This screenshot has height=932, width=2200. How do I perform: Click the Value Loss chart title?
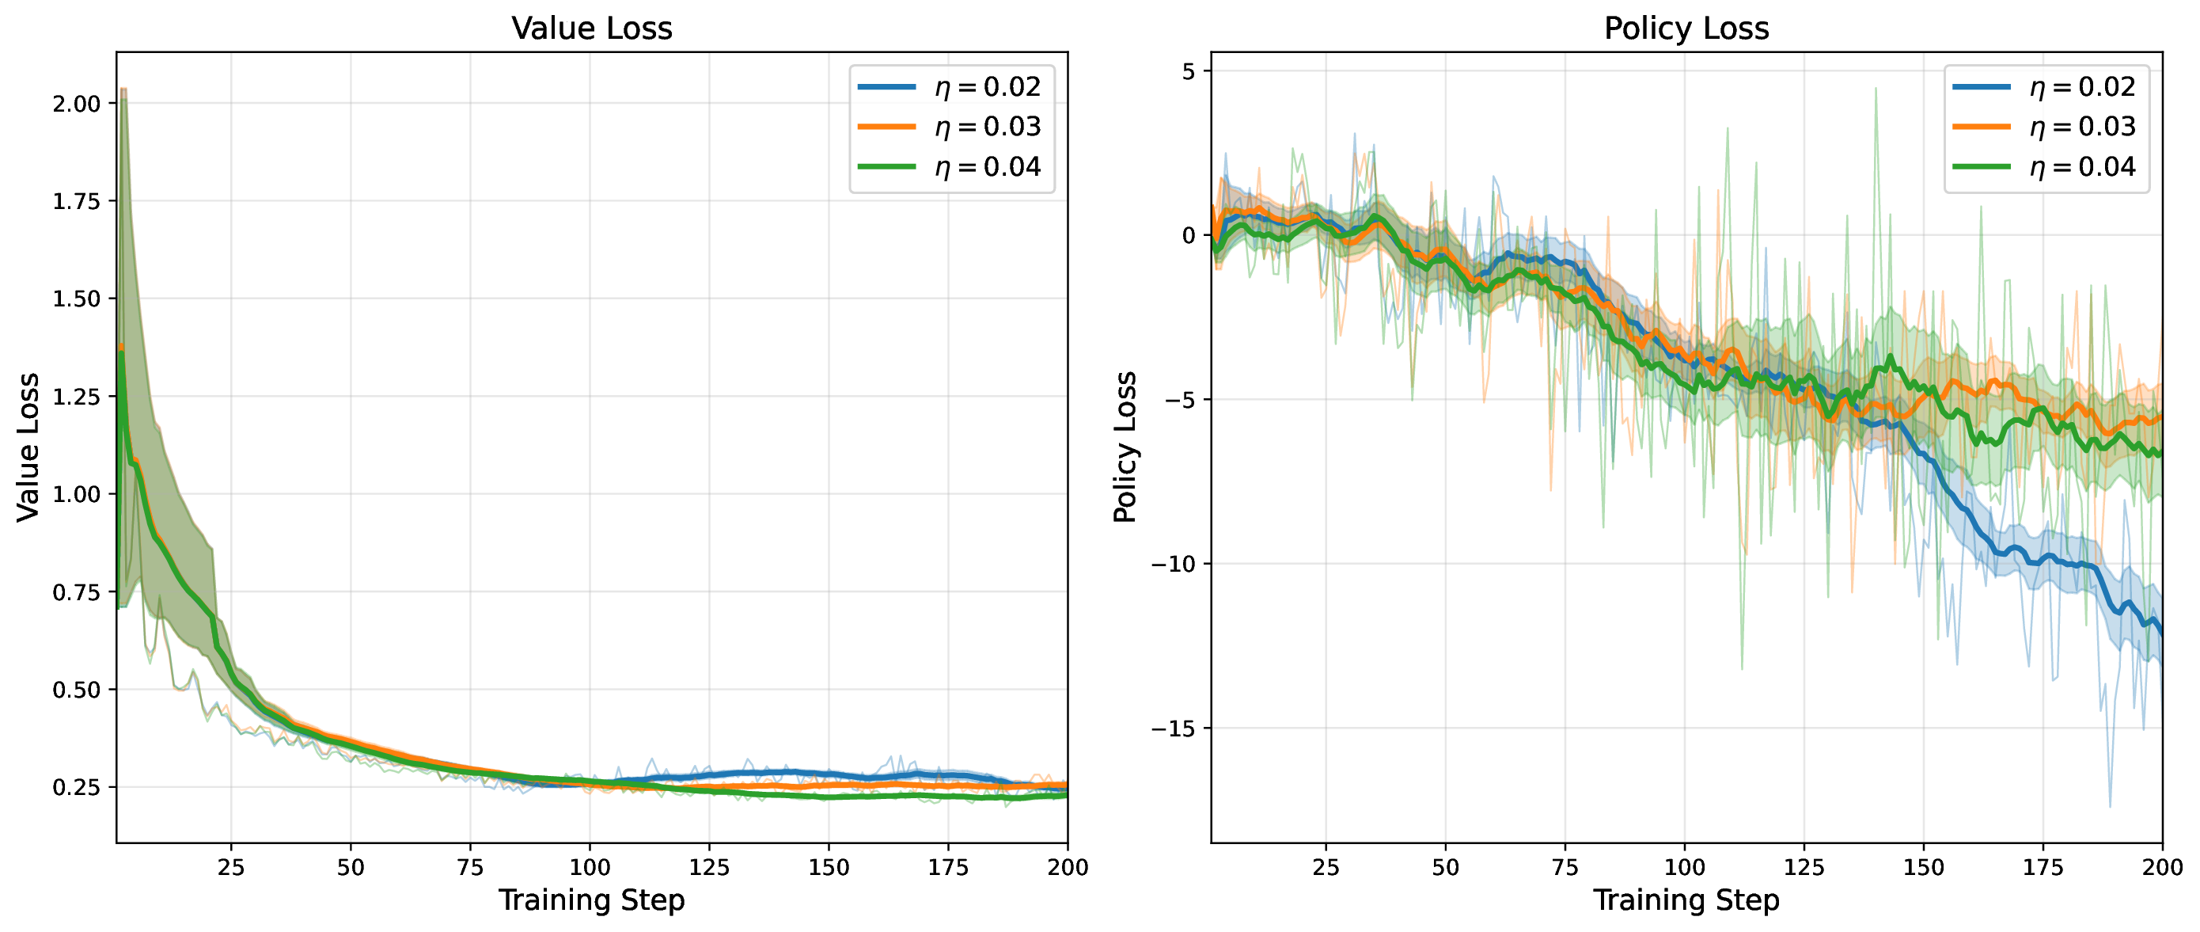[x=592, y=29]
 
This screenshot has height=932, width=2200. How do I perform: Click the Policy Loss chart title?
[x=1686, y=29]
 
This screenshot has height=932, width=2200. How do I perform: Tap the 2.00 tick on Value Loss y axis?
[x=76, y=104]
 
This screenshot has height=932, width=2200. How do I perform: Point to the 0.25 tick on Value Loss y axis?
[x=76, y=787]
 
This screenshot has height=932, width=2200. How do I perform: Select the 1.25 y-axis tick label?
[x=76, y=397]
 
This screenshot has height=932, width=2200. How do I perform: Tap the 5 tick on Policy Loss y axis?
[x=1189, y=71]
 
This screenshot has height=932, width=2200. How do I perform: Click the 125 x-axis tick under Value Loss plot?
[x=709, y=867]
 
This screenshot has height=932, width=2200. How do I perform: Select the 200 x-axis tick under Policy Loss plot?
[x=2163, y=867]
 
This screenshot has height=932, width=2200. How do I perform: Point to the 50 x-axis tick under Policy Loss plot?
[x=1445, y=867]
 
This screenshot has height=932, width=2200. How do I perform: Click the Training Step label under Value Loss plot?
[x=592, y=900]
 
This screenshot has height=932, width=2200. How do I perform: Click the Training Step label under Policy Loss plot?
[x=1686, y=900]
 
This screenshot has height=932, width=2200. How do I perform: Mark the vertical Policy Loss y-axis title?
[x=1125, y=447]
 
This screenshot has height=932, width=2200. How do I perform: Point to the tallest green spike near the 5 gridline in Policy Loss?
[x=1876, y=89]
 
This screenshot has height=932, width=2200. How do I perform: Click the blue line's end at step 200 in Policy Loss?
[x=2161, y=633]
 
